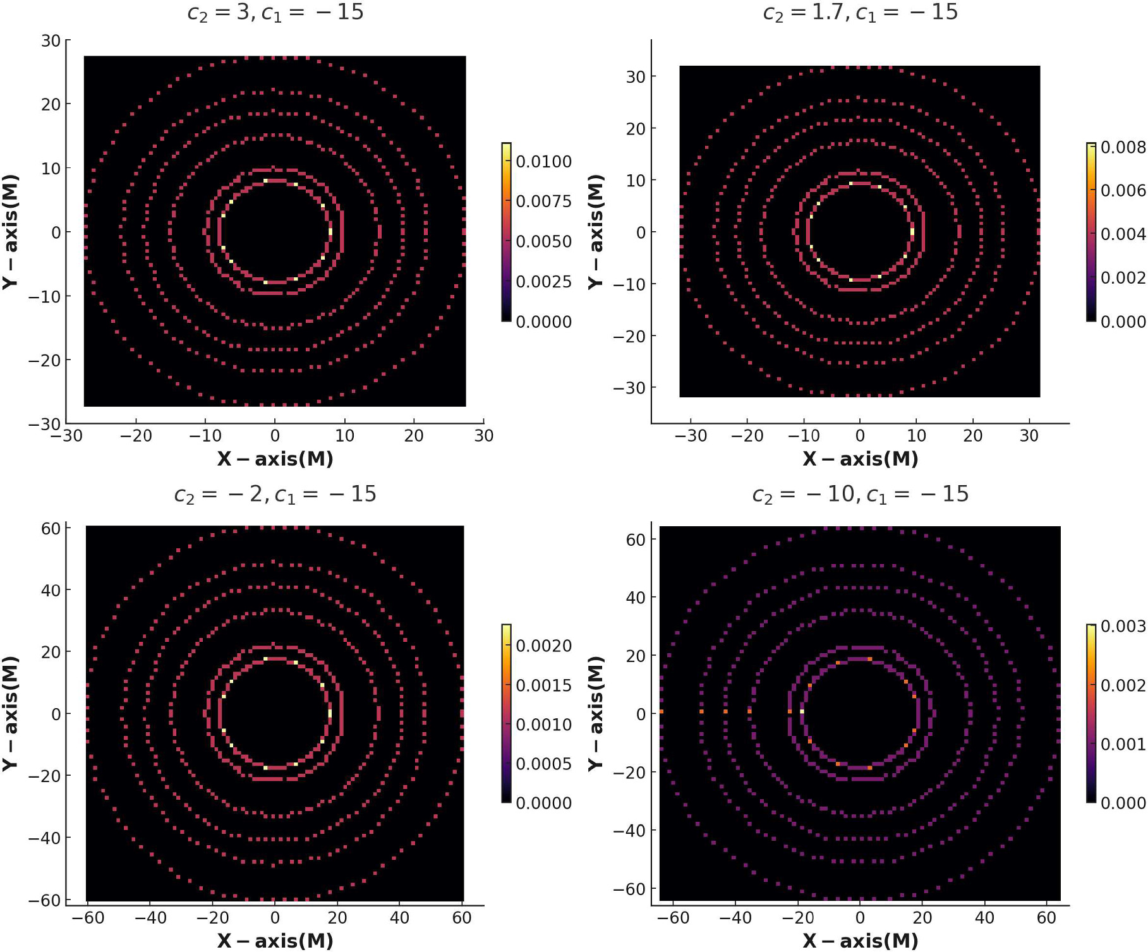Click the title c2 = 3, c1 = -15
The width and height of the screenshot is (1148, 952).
pos(275,13)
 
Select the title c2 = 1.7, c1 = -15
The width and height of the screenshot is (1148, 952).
pos(860,13)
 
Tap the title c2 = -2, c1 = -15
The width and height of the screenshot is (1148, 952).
pos(275,494)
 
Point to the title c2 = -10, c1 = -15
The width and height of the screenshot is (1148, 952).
pos(860,494)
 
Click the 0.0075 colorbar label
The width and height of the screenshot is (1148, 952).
pos(543,202)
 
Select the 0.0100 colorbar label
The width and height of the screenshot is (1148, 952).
pos(543,162)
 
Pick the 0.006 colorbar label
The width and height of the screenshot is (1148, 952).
pos(1123,191)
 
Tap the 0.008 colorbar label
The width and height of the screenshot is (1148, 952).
pos(1123,148)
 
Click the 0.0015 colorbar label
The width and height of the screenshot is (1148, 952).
pos(543,685)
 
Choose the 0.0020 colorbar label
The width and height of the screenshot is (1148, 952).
pos(543,646)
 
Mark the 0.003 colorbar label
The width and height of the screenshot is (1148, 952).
pos(1123,627)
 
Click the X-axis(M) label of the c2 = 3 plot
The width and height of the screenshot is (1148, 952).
pos(275,459)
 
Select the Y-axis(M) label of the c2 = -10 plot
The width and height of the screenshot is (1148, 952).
pos(595,714)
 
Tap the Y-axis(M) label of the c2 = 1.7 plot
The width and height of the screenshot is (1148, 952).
pos(595,232)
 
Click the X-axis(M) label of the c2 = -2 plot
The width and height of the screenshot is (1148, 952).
pos(275,941)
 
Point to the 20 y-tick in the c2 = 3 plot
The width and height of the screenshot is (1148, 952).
pos(51,104)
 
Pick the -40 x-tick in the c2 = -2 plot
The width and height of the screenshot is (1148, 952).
pos(151,918)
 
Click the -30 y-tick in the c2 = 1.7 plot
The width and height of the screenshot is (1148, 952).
pos(627,388)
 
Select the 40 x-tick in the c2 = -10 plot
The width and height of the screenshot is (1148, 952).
pos(984,918)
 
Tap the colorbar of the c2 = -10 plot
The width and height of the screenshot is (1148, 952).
pos(1091,714)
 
